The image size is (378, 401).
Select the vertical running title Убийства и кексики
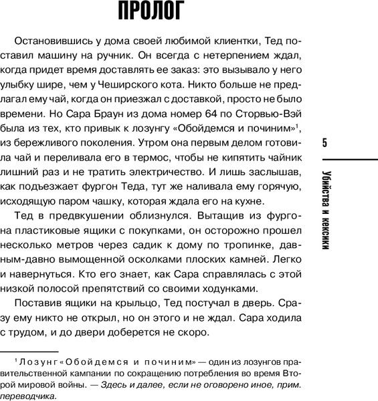(324, 219)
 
